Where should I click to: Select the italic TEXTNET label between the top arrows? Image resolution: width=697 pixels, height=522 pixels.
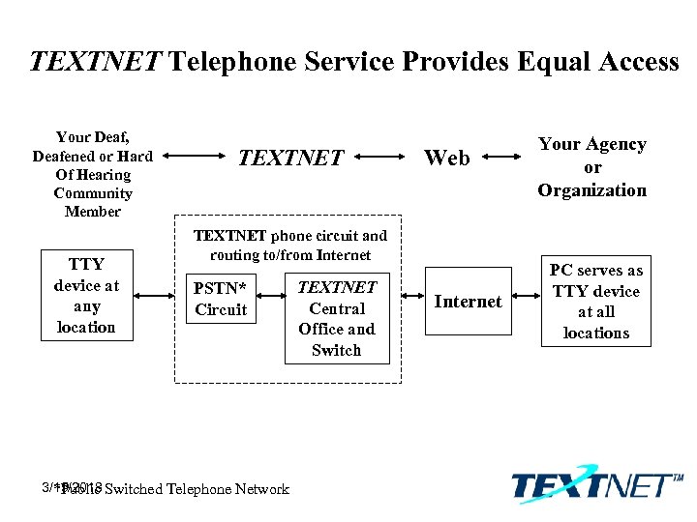pos(291,157)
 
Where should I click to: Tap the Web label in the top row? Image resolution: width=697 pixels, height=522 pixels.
pos(447,157)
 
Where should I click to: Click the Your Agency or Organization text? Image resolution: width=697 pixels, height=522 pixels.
pos(592,167)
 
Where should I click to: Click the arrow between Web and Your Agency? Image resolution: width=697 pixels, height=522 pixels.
pos(506,156)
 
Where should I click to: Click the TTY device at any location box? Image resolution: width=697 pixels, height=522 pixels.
pos(85,295)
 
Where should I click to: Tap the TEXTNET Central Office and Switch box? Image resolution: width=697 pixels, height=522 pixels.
pos(336,318)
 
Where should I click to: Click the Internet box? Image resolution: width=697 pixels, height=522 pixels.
pos(468,302)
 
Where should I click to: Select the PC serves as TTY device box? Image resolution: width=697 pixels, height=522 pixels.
pos(595,302)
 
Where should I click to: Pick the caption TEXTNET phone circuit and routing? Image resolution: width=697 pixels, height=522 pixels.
pos(290,245)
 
